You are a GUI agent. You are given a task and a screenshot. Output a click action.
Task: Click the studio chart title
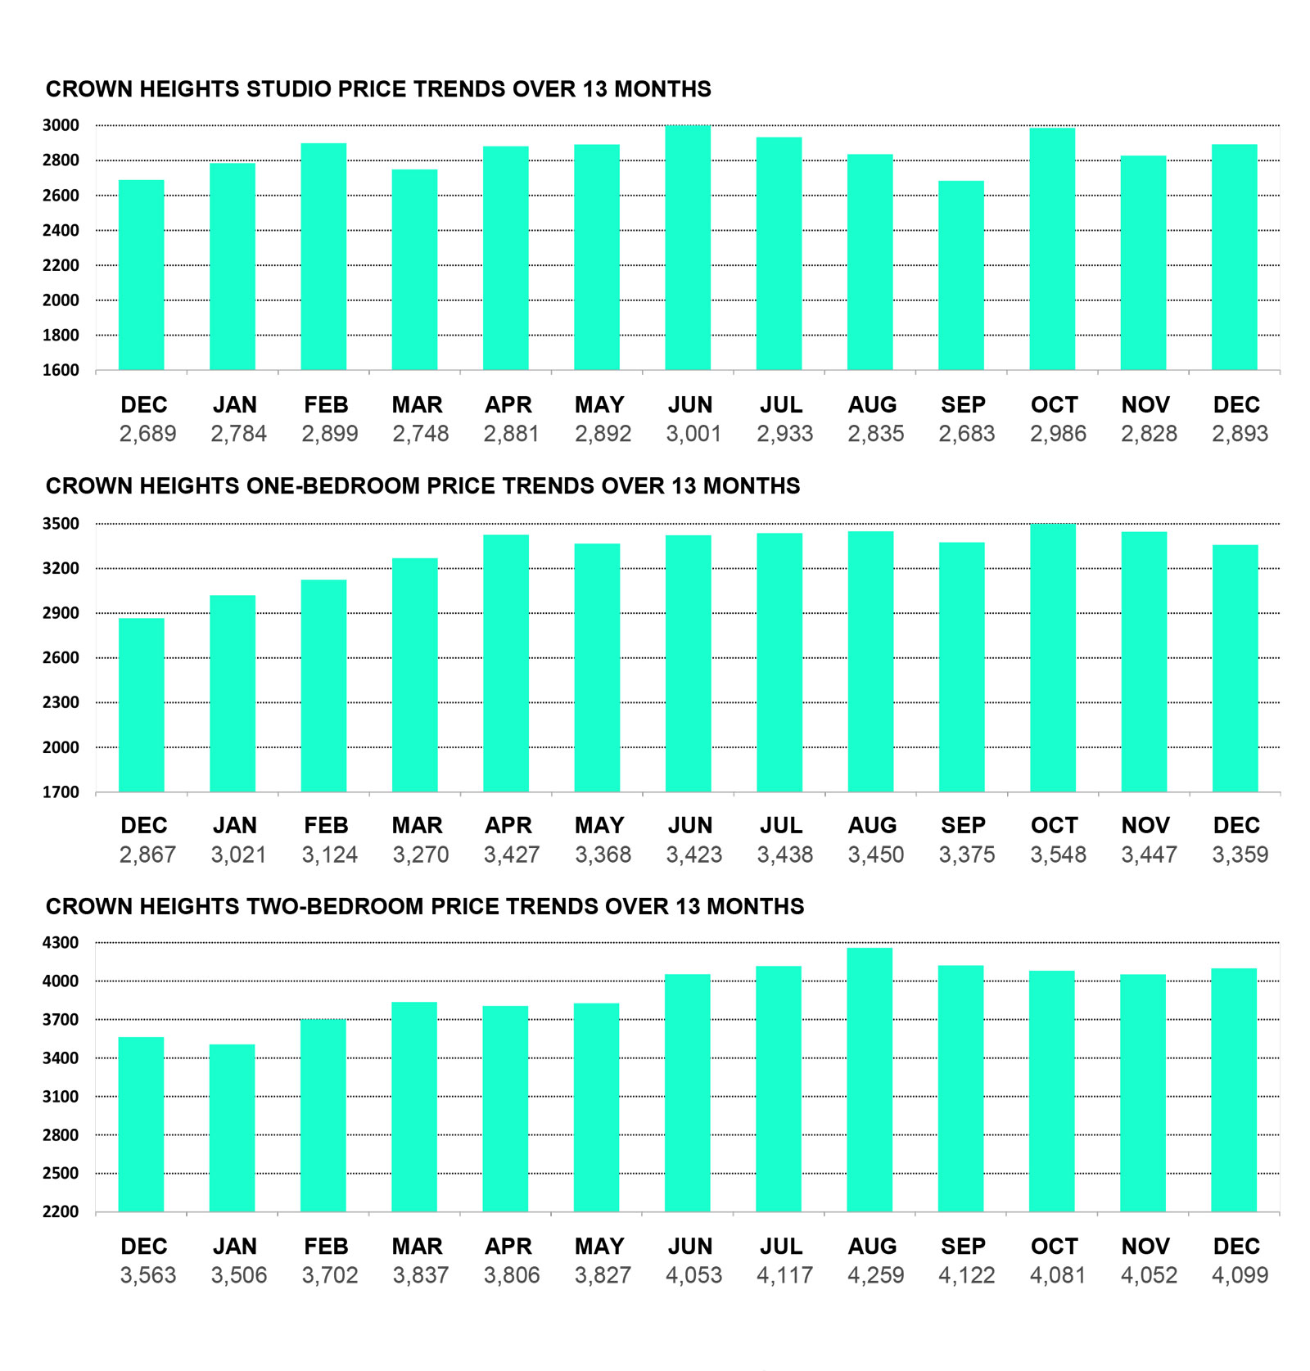click(x=378, y=89)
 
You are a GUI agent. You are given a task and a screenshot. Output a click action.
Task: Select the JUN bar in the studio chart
click(x=688, y=247)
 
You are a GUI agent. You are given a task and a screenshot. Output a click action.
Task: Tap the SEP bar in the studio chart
click(x=961, y=275)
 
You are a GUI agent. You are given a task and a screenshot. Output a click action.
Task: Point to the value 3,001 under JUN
click(x=693, y=434)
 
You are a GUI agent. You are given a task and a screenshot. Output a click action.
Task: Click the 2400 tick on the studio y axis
click(x=61, y=231)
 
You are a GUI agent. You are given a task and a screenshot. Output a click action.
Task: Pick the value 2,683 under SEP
click(x=967, y=434)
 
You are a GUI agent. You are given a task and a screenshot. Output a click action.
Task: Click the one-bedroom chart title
click(x=422, y=486)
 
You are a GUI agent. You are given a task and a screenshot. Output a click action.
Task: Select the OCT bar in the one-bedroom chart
click(x=1053, y=657)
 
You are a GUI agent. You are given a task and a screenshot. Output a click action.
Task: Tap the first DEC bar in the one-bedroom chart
click(x=142, y=705)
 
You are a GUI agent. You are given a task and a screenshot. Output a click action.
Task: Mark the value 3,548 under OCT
click(x=1058, y=855)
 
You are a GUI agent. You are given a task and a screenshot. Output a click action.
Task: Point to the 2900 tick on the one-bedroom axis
click(x=61, y=613)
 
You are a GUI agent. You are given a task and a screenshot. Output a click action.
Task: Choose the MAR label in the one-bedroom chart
click(x=417, y=825)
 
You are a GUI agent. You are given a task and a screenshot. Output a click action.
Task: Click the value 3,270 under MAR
click(x=421, y=855)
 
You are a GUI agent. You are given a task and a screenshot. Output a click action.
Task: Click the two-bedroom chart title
click(x=425, y=907)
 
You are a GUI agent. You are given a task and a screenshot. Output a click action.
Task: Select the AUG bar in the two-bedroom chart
click(x=870, y=1080)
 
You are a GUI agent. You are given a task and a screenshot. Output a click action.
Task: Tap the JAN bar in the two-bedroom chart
click(x=233, y=1128)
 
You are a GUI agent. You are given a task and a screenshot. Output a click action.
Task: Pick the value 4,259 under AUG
click(x=875, y=1275)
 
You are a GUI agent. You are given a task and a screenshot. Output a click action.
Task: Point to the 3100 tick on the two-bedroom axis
click(x=61, y=1097)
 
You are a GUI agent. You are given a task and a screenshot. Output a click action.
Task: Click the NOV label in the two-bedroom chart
click(x=1145, y=1246)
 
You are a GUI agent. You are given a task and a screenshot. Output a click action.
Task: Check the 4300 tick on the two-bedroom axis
click(x=61, y=943)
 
